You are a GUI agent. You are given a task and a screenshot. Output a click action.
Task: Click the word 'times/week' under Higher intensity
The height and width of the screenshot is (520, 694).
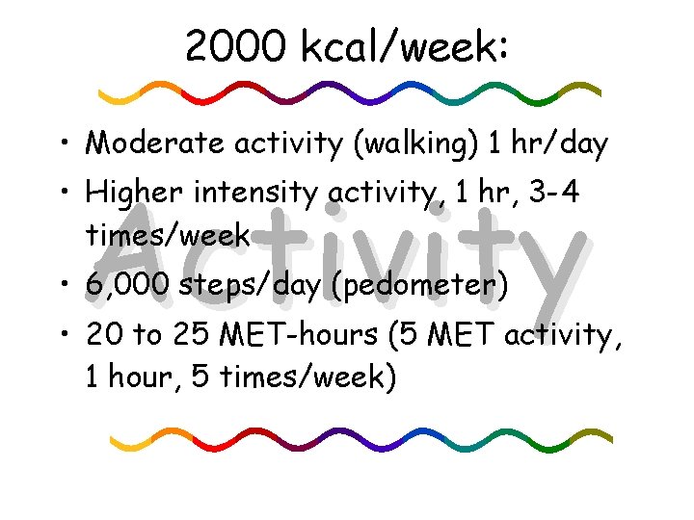tap(169, 234)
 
